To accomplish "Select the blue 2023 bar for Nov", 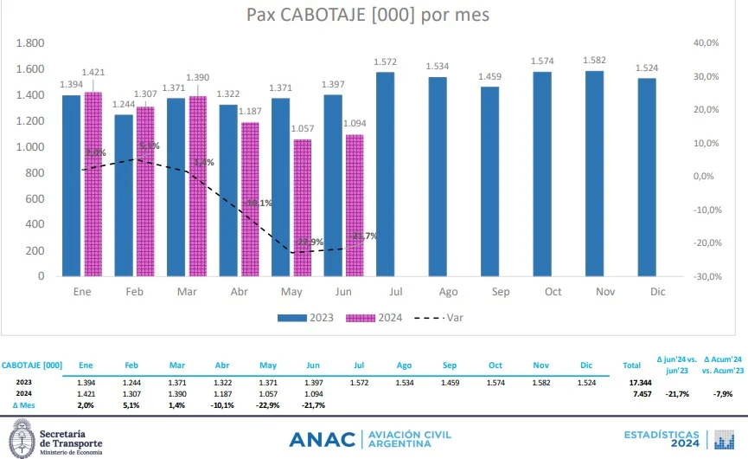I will [x=595, y=173].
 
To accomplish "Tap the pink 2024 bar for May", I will [x=303, y=208].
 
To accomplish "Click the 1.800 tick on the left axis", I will [x=30, y=43].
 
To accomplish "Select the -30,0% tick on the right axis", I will [x=706, y=276].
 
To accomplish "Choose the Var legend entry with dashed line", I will [x=446, y=318].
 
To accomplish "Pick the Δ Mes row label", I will [x=25, y=404].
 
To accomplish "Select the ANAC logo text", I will [x=322, y=439].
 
